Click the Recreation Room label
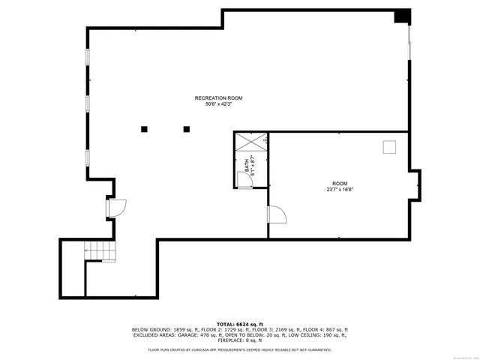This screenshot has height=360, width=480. [218, 98]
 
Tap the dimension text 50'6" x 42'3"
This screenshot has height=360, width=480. [218, 104]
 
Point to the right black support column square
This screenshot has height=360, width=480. [186, 129]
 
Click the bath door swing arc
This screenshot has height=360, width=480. [243, 178]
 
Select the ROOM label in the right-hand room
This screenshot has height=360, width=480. [340, 184]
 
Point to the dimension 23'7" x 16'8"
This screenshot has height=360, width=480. [340, 190]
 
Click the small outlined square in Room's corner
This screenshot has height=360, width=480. [389, 147]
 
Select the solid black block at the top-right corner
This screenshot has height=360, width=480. [403, 16]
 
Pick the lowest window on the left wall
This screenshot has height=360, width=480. [88, 157]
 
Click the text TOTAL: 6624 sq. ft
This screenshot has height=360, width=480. [239, 323]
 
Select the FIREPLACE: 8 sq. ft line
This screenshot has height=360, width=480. [239, 341]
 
